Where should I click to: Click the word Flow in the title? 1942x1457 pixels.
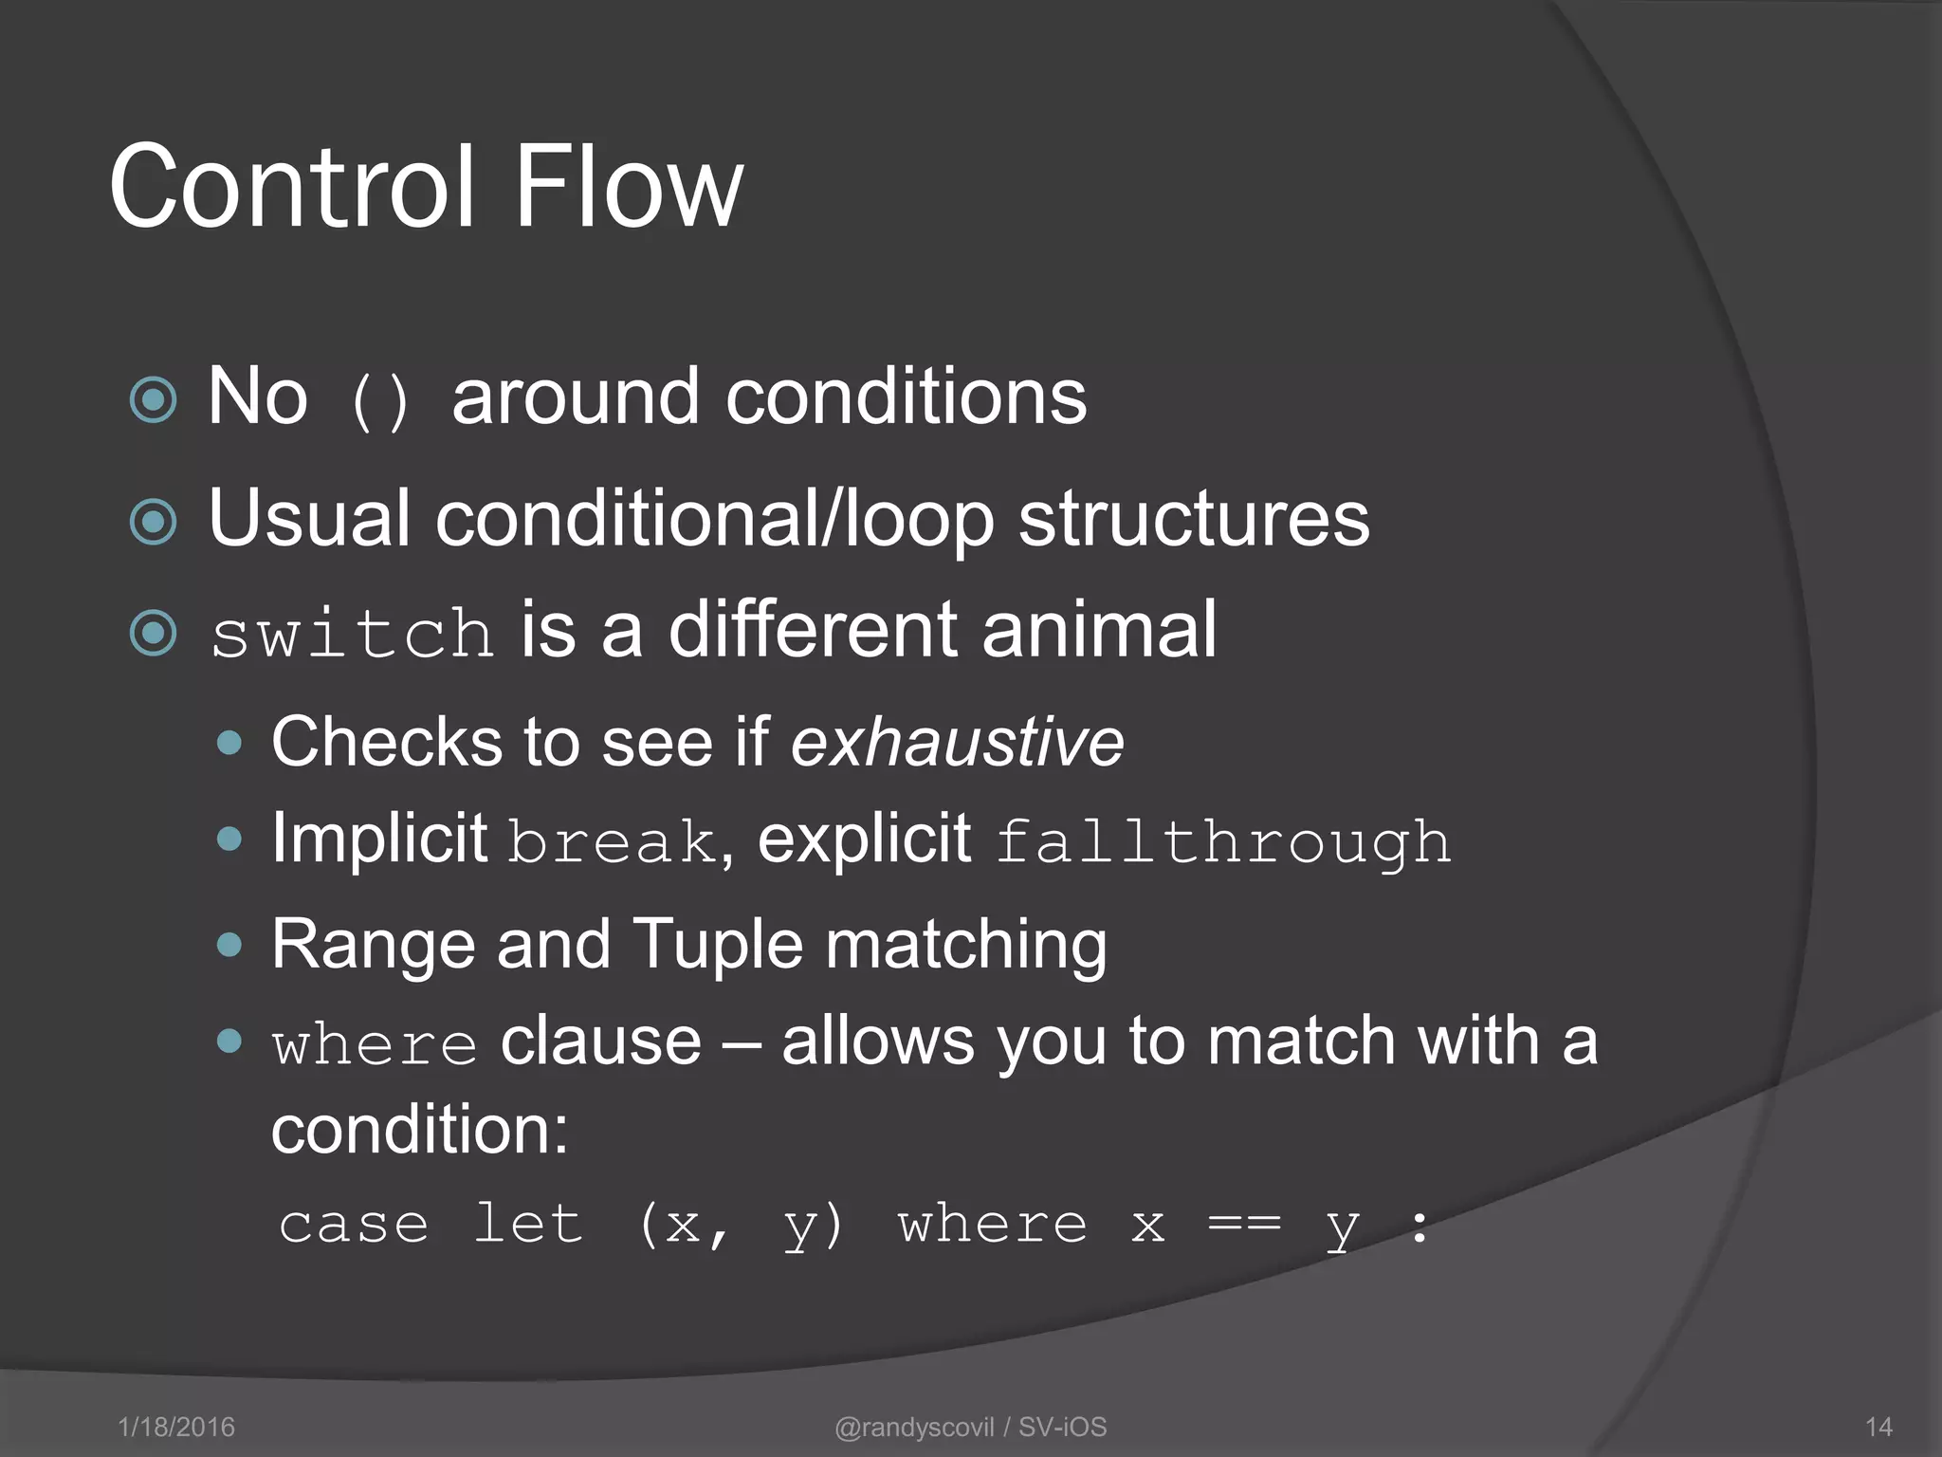627,187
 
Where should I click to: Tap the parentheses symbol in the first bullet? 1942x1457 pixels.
379,400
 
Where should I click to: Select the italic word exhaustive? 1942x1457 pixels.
957,742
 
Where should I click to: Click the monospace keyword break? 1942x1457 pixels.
613,841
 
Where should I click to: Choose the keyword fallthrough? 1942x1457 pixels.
1223,841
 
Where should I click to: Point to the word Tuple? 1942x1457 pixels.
717,944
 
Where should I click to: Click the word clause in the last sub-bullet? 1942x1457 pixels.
600,1041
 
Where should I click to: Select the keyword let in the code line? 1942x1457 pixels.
527,1224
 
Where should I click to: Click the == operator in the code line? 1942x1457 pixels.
1244,1224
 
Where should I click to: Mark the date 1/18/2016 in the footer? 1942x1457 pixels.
176,1427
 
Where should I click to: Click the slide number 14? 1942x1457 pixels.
1878,1427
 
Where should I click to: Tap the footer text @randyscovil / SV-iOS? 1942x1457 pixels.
970,1427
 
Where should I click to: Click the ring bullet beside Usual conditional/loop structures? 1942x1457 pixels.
154,521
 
